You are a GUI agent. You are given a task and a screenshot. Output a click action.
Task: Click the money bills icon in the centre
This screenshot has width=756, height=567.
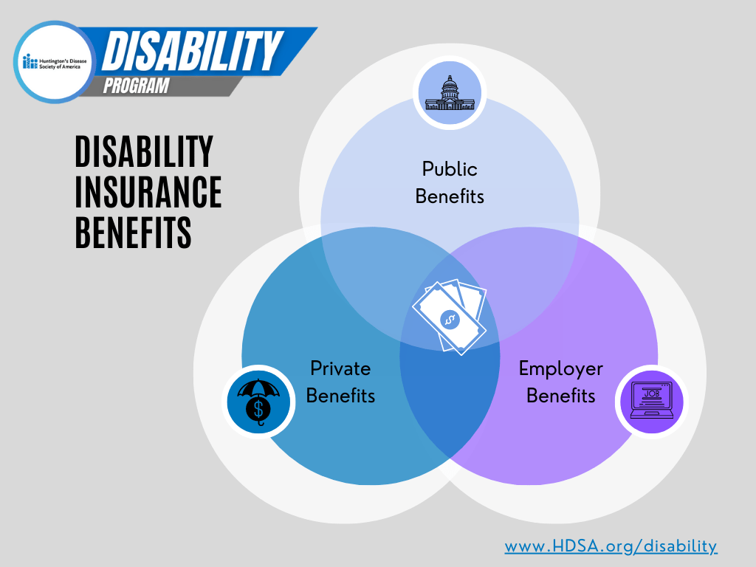coord(450,317)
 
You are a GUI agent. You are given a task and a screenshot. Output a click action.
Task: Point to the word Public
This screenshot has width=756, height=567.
coord(450,169)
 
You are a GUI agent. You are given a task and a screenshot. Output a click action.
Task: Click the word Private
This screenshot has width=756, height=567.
coord(340,368)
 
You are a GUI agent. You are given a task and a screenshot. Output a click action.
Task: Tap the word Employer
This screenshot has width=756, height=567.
coord(560,368)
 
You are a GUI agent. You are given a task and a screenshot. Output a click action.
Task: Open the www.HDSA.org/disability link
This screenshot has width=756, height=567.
coord(611,546)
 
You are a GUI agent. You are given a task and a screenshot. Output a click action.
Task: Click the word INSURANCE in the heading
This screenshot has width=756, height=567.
coord(148,192)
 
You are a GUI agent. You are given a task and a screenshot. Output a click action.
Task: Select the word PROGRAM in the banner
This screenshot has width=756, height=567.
coord(136,86)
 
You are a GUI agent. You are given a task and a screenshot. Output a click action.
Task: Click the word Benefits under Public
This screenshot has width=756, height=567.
coord(450,196)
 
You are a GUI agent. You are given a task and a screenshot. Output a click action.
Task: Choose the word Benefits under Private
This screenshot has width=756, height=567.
coord(340,396)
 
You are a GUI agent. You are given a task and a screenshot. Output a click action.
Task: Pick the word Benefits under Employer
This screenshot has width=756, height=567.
coord(560,396)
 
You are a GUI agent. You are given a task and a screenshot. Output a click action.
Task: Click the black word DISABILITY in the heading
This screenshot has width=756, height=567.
coord(144,152)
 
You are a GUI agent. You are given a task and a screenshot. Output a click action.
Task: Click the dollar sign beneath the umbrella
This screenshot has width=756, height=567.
coord(258,408)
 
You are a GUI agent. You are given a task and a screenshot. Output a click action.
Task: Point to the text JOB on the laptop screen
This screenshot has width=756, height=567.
coord(651,394)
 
